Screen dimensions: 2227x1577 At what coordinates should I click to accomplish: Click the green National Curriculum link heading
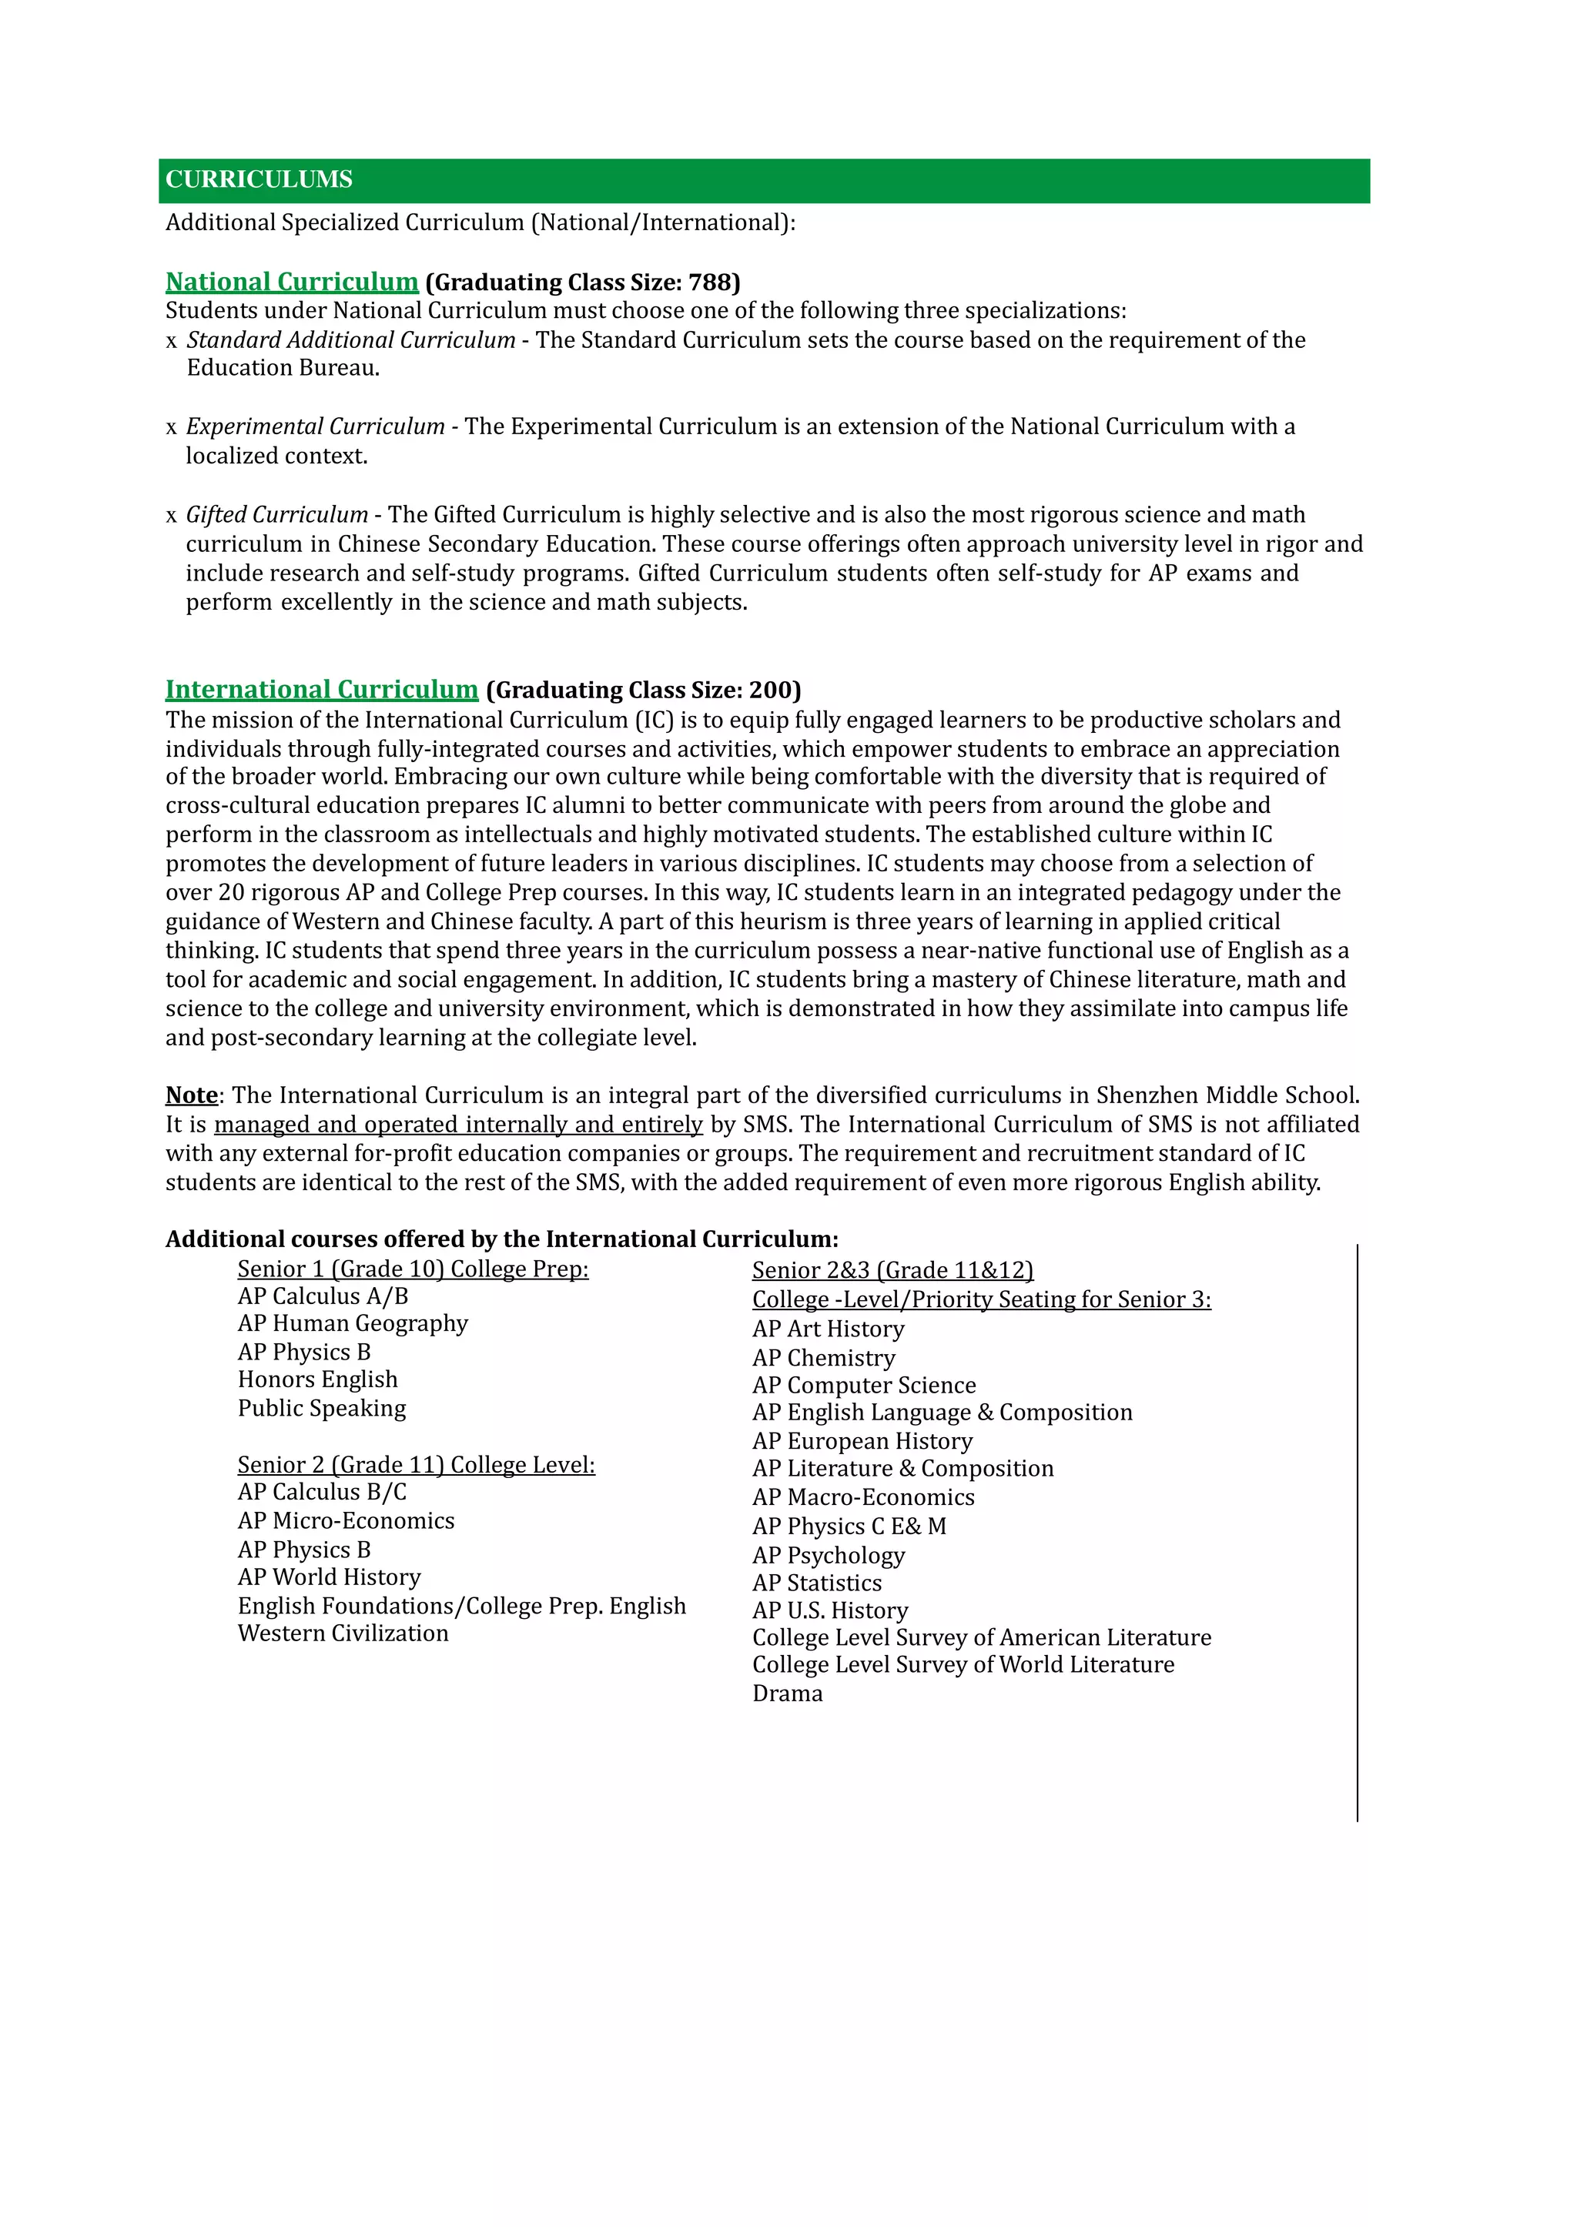pyautogui.click(x=291, y=283)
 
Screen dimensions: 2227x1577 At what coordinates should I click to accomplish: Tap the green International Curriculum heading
pyautogui.click(x=321, y=691)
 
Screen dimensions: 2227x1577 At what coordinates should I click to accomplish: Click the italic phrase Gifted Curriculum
pyautogui.click(x=276, y=514)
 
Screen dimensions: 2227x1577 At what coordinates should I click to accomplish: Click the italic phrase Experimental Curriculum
pyautogui.click(x=315, y=427)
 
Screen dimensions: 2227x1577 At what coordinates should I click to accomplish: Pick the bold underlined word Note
pyautogui.click(x=191, y=1095)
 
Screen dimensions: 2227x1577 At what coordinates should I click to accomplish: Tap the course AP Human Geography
pyautogui.click(x=353, y=1324)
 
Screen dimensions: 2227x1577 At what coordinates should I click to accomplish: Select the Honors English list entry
pyautogui.click(x=317, y=1379)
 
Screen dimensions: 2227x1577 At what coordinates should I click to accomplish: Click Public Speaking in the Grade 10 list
pyautogui.click(x=321, y=1409)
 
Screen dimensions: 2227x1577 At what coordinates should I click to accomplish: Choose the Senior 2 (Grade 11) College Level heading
pyautogui.click(x=416, y=1465)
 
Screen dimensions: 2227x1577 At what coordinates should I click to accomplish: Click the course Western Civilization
pyautogui.click(x=343, y=1633)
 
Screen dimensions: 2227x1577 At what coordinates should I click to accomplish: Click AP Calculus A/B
pyautogui.click(x=323, y=1297)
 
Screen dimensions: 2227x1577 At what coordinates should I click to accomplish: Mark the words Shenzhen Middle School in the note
pyautogui.click(x=1227, y=1095)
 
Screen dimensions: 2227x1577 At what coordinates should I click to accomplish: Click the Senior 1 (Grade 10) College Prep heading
pyautogui.click(x=413, y=1270)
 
